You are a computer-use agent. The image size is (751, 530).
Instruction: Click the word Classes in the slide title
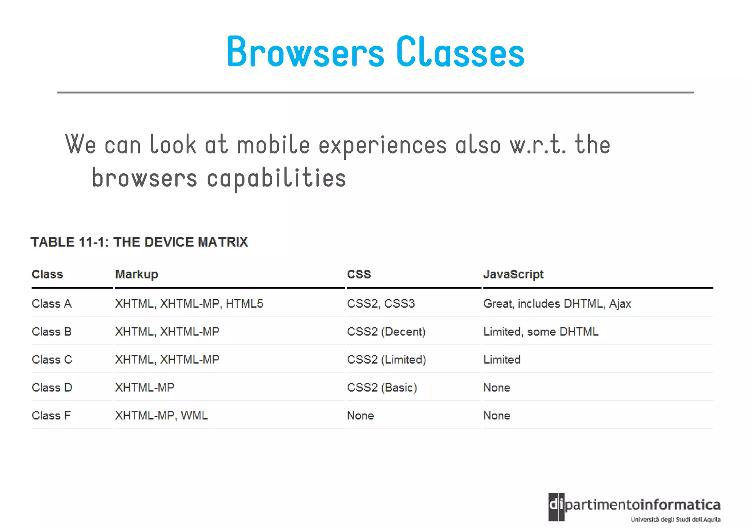point(460,52)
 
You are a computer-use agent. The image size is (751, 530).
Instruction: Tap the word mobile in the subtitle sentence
point(274,144)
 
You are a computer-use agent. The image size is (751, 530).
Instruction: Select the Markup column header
point(136,274)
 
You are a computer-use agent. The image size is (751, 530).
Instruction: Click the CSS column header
point(359,274)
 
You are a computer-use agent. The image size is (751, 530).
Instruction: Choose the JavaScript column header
point(513,274)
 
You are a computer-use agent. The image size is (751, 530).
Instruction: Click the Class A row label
point(52,304)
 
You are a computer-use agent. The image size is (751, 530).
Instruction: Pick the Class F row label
point(51,415)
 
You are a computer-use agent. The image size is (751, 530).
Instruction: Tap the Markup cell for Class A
point(189,304)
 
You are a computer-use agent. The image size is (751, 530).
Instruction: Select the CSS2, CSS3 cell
point(381,304)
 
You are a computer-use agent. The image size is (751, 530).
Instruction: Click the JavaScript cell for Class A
point(557,304)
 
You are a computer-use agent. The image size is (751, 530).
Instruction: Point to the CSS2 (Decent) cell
point(386,331)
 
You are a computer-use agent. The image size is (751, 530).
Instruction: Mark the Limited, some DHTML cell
point(541,331)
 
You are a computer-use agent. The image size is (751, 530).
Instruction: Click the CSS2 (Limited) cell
point(386,360)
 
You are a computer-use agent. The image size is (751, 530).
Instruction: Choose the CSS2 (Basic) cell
point(382,388)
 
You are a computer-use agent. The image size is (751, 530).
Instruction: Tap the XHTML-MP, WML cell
point(161,415)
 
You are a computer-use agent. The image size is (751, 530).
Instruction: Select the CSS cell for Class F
point(360,415)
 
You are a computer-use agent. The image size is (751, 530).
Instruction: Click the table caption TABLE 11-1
point(139,242)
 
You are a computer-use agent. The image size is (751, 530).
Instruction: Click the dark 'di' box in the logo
point(556,507)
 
